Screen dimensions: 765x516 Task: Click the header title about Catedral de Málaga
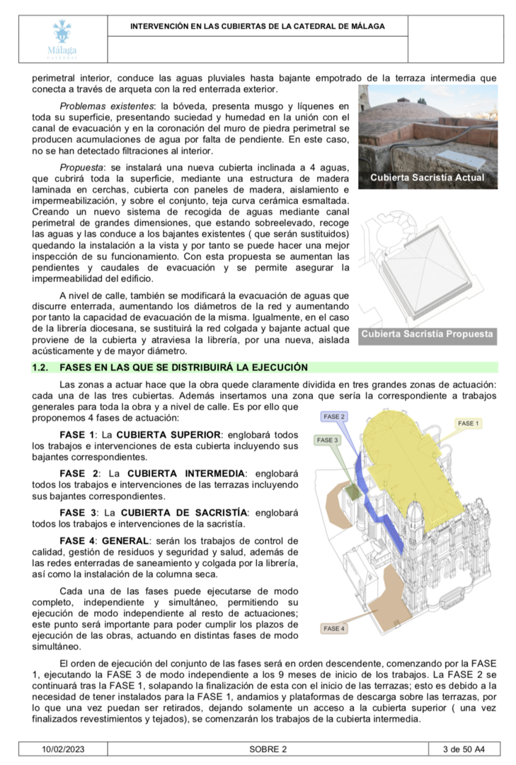coord(257,26)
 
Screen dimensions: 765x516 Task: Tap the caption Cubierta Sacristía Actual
coord(427,178)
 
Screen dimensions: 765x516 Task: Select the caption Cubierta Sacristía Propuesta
coord(427,334)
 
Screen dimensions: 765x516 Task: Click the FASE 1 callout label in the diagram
coord(468,423)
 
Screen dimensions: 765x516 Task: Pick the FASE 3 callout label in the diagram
coord(328,440)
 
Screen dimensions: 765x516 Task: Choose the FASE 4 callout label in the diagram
coord(334,628)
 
